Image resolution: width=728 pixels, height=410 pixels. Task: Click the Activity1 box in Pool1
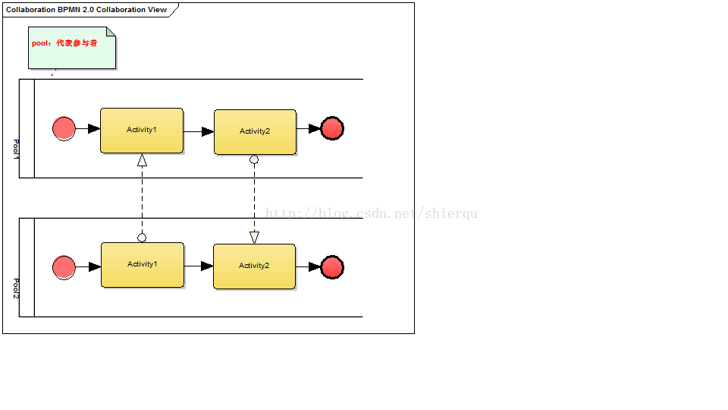click(142, 131)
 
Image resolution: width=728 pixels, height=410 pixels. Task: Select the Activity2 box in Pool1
click(255, 132)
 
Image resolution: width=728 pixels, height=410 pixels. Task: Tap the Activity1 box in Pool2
click(143, 265)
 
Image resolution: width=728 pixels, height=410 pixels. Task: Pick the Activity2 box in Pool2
click(254, 266)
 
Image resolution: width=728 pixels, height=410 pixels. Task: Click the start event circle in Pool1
click(64, 129)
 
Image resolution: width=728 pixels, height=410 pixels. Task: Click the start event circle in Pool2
click(64, 267)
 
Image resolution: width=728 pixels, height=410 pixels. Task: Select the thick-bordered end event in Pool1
click(332, 129)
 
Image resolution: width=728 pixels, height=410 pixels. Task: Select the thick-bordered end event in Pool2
click(332, 267)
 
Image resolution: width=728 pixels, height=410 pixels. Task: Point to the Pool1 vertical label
click(16, 148)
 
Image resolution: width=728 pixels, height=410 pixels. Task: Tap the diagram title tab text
click(86, 10)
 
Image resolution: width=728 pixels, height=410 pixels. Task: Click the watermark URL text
click(372, 214)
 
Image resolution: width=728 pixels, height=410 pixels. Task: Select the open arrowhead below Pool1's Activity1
click(142, 159)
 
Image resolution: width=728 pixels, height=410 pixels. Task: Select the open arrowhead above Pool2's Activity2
click(254, 238)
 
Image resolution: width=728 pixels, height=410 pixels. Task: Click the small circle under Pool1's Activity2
click(254, 159)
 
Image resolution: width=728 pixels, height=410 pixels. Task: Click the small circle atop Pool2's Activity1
click(142, 238)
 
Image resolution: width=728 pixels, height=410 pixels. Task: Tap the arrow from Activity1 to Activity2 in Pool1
click(199, 131)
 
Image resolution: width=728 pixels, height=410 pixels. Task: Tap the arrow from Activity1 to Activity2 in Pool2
click(199, 266)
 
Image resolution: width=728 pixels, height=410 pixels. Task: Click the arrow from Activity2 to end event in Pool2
click(308, 267)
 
